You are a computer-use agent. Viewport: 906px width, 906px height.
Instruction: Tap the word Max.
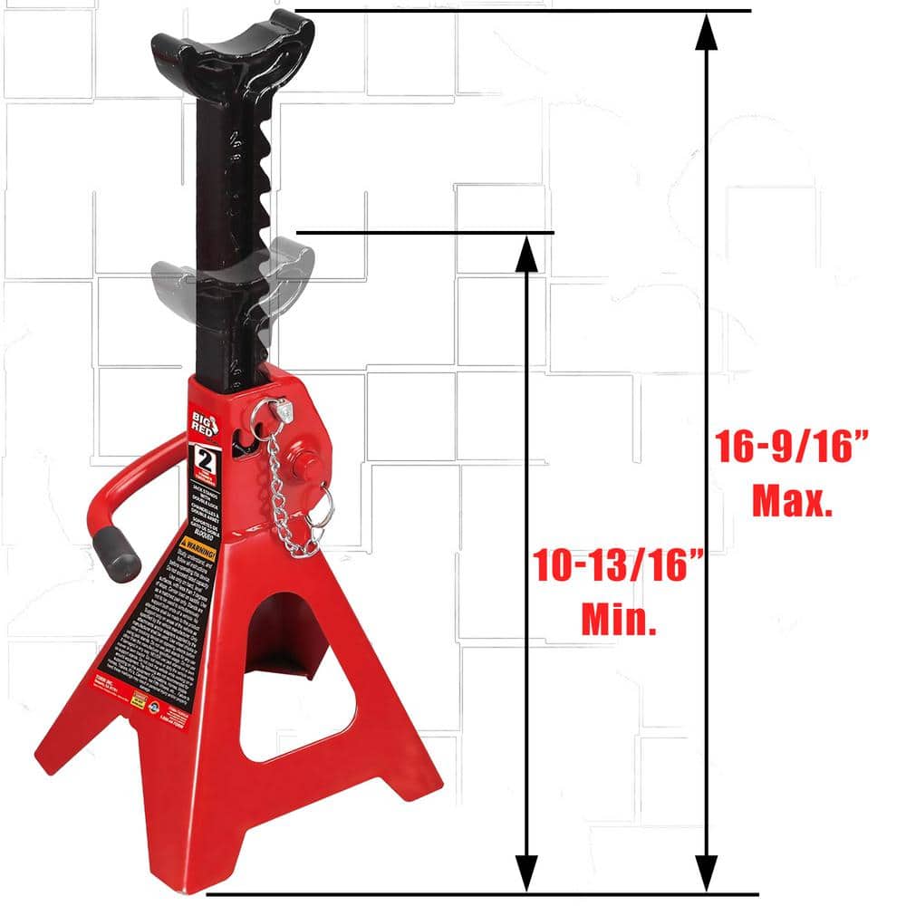point(792,501)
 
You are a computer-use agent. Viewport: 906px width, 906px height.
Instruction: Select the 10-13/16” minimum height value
point(620,566)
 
